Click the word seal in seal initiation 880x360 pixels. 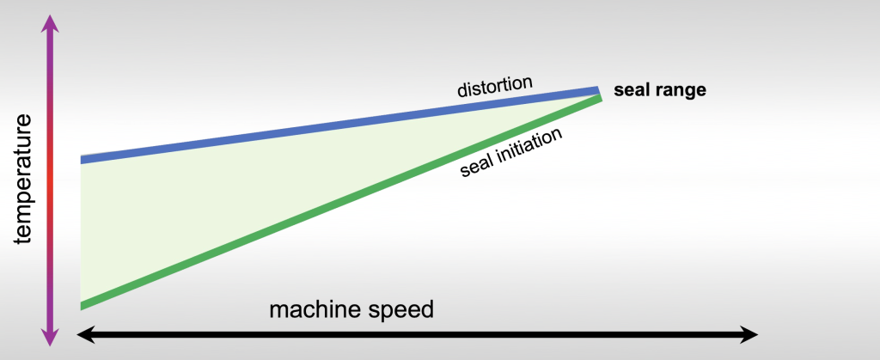tap(478, 163)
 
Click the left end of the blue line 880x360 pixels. tap(83, 159)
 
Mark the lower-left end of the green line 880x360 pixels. tap(83, 304)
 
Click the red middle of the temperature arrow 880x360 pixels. tap(51, 180)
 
